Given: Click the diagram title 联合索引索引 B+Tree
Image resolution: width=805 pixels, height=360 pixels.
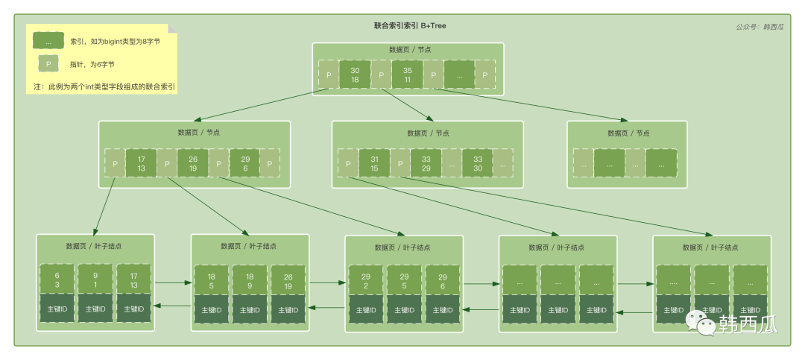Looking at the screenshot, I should point(410,25).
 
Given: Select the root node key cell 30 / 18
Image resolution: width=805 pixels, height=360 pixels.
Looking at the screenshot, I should point(355,75).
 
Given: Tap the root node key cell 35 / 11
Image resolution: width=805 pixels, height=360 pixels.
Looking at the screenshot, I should point(407,75).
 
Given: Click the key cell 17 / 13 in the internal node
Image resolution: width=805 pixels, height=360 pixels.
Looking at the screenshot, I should point(141,162).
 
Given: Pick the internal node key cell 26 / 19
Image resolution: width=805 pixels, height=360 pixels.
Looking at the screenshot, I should point(192,162).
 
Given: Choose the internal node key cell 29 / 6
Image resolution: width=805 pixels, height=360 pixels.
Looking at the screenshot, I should point(244,162).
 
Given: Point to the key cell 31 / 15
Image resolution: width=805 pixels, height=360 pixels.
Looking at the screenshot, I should point(374,162).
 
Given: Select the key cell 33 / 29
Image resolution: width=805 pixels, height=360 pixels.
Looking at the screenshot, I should point(425,162).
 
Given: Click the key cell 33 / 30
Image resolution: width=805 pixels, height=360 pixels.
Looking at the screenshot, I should point(477,162).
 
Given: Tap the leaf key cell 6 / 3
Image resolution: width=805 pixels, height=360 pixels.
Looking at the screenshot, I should point(57,280).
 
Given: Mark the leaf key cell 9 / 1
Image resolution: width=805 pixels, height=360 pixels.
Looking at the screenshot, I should point(96,280).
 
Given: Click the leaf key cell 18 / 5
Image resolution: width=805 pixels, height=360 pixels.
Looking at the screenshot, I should point(212,280).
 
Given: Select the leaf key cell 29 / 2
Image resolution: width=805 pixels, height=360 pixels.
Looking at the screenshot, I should point(365,280).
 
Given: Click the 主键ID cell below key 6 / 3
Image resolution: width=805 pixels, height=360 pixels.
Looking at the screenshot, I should point(57,309).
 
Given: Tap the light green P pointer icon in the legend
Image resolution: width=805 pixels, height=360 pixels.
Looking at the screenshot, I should point(48,65).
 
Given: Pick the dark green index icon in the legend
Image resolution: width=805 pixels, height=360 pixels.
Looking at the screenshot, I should point(48,42).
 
